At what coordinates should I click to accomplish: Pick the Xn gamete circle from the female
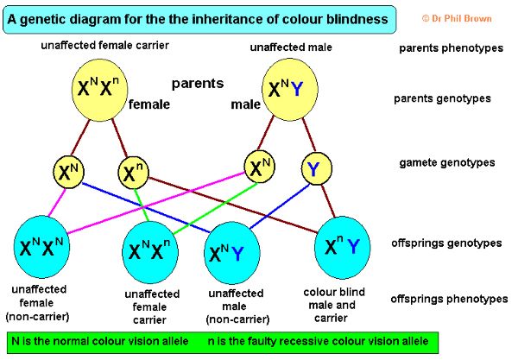(130, 174)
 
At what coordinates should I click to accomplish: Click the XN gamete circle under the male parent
(259, 167)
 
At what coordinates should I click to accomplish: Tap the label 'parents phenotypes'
(451, 47)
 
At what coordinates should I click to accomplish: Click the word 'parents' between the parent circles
(198, 84)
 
